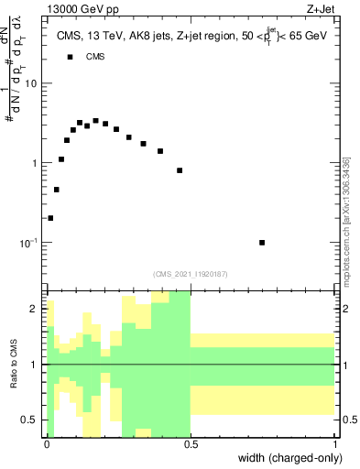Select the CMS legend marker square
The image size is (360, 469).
point(69,57)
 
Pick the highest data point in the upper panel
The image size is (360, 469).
point(95,121)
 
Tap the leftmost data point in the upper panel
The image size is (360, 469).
point(50,218)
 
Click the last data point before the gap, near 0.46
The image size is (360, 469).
point(180,170)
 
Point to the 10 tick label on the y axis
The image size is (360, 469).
point(31,83)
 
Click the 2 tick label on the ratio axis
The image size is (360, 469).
point(35,310)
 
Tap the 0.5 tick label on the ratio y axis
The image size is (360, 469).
point(30,420)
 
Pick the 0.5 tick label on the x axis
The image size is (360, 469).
point(191,443)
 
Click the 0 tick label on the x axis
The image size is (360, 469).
point(46,443)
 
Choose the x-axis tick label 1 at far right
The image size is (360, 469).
point(335,443)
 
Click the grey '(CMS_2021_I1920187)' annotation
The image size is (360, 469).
point(191,273)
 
